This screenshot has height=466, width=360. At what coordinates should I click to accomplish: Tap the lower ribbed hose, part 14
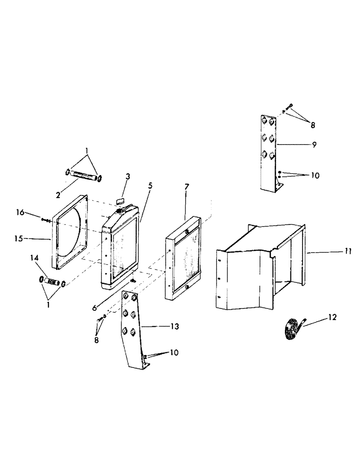coord(51,282)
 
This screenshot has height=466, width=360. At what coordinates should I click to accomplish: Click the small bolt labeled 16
coord(46,219)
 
